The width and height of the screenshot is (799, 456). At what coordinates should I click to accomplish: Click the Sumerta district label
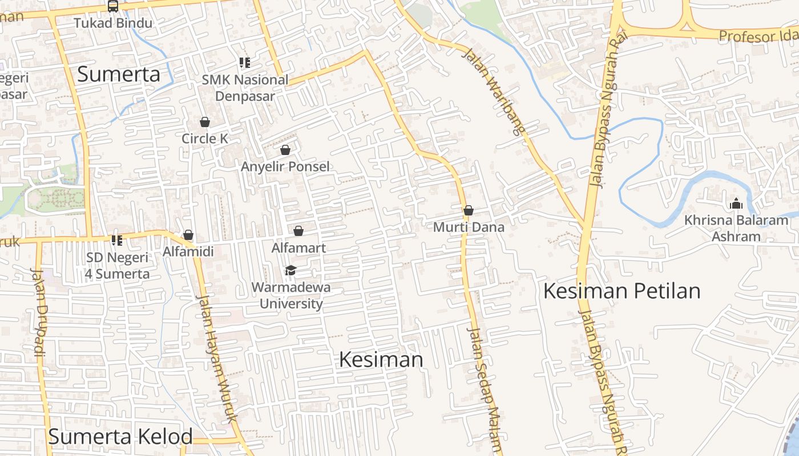coord(118,74)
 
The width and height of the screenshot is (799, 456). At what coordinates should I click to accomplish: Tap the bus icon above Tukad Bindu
coord(113,6)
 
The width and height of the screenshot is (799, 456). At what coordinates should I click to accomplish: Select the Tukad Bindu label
coord(113,23)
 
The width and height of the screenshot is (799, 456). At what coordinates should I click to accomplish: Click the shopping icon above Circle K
coord(205,122)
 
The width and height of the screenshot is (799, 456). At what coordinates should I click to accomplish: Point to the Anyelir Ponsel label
coord(285,166)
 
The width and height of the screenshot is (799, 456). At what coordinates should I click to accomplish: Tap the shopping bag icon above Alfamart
coord(298,231)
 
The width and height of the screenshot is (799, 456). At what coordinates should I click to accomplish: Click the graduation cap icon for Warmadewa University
coord(290,270)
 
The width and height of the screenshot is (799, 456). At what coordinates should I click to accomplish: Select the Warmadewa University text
coord(291,295)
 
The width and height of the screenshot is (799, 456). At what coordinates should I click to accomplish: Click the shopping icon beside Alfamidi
coord(188,235)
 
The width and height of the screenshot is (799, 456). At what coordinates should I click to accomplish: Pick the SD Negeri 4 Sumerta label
coord(118,266)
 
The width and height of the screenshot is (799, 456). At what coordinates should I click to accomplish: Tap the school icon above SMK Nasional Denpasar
coord(245,63)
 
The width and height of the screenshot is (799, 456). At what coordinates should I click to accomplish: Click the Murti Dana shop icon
coord(469,210)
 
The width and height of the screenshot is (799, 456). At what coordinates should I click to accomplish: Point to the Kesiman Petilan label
coord(622,291)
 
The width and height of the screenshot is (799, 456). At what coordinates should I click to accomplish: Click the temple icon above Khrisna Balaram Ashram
coord(736,203)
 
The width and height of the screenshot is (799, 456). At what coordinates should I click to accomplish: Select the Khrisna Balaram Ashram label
coord(736,228)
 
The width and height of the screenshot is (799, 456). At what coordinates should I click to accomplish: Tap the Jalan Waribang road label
coord(493,91)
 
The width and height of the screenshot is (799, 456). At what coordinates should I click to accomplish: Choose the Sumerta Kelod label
coord(120,437)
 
